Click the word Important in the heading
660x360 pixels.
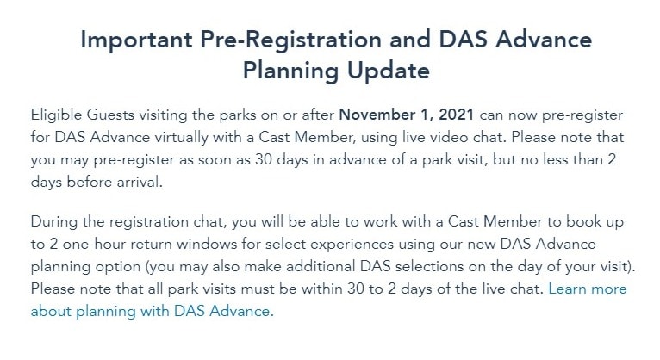point(136,40)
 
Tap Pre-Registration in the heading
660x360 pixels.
point(290,39)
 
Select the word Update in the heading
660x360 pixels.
point(388,71)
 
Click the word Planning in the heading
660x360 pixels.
point(291,71)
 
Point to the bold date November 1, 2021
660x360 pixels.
point(407,115)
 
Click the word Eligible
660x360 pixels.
point(56,115)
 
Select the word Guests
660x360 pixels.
point(110,115)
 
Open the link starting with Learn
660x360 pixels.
point(329,300)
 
